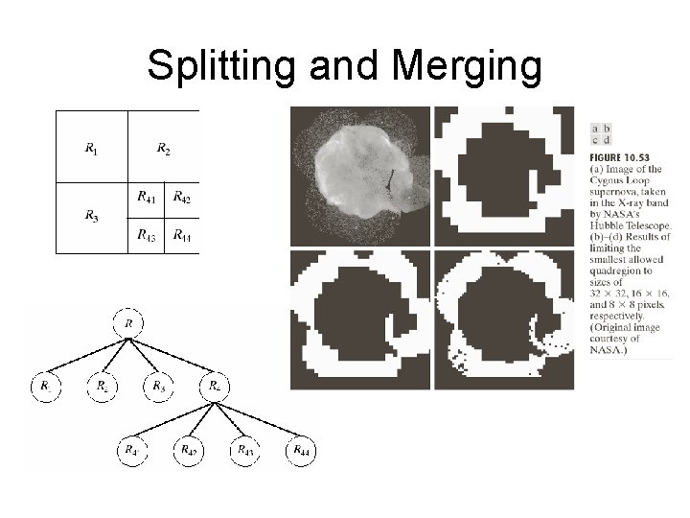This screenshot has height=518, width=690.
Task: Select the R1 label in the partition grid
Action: [x=90, y=148]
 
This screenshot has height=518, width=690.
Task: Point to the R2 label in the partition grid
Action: [x=164, y=148]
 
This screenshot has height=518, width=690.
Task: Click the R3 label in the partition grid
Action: [x=90, y=217]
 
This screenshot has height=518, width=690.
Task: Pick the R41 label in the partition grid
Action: [x=146, y=199]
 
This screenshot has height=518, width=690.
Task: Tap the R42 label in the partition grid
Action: [x=182, y=199]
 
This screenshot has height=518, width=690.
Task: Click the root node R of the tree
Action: [x=129, y=324]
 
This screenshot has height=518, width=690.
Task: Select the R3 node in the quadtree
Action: [x=158, y=386]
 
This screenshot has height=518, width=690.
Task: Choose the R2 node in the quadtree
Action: [x=102, y=386]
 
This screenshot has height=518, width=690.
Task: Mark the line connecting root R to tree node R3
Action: [x=144, y=355]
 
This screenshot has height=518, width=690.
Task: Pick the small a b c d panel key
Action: [x=602, y=134]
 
